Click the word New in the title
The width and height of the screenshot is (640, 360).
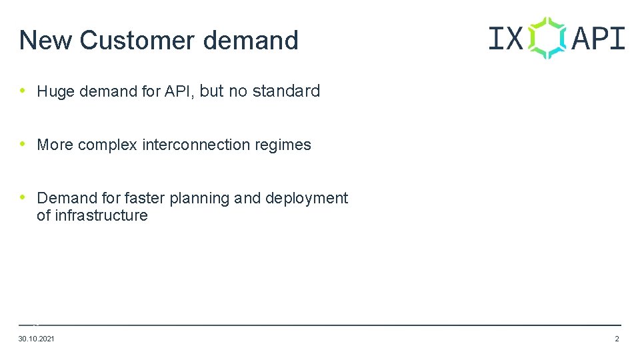(46, 41)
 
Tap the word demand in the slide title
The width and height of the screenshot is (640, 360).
(251, 41)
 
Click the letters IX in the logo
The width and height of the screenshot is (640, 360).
(505, 38)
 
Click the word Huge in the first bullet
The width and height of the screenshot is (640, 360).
(56, 92)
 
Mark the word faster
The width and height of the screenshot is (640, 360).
(145, 198)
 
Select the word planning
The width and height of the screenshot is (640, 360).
(199, 199)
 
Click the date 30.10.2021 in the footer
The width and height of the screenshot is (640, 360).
(37, 339)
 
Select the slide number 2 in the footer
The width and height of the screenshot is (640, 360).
(617, 339)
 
